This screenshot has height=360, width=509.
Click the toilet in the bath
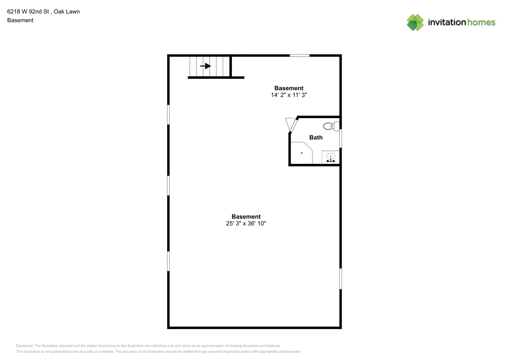click(x=331, y=126)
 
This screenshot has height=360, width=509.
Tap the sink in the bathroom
click(x=330, y=157)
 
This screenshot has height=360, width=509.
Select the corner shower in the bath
click(x=302, y=153)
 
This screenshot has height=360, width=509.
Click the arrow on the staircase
click(x=206, y=66)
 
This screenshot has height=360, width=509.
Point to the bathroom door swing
click(x=291, y=124)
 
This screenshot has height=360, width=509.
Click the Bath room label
click(x=316, y=137)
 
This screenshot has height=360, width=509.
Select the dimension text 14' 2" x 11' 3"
click(x=289, y=95)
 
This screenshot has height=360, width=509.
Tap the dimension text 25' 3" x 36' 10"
click(x=246, y=224)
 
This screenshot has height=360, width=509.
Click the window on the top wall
click(x=299, y=55)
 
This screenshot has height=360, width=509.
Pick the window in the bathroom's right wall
click(x=341, y=138)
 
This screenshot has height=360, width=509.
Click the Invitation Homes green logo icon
click(x=415, y=22)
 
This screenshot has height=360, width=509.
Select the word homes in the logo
click(x=481, y=22)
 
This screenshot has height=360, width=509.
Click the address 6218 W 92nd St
click(x=28, y=12)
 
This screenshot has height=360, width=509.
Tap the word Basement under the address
click(x=20, y=20)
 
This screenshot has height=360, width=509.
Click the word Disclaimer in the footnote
click(x=24, y=346)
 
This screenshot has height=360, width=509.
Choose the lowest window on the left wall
click(x=168, y=261)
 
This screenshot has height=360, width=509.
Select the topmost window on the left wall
click(x=168, y=114)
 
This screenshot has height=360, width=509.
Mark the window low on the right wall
click(x=341, y=279)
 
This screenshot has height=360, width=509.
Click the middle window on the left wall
click(x=168, y=185)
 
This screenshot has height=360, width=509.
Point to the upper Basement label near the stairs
click(x=289, y=88)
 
